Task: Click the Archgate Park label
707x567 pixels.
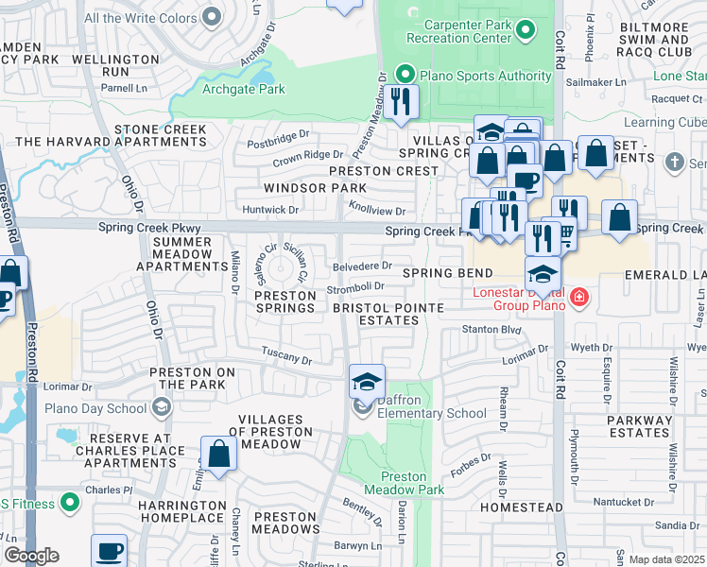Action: [x=244, y=90]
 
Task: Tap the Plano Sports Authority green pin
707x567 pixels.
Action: [x=405, y=73]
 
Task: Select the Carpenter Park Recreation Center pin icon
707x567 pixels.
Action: [x=528, y=30]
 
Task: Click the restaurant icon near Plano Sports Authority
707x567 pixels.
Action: [x=401, y=101]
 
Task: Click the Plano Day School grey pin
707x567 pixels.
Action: [x=162, y=407]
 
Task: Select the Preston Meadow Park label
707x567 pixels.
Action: [x=411, y=484]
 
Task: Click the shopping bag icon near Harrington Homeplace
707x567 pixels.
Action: [x=218, y=455]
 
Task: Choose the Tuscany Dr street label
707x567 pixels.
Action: [x=287, y=359]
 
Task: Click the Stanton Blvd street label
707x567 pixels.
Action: [x=491, y=329]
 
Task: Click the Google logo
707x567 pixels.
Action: [x=31, y=556]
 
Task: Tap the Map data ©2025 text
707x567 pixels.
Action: [x=666, y=559]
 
